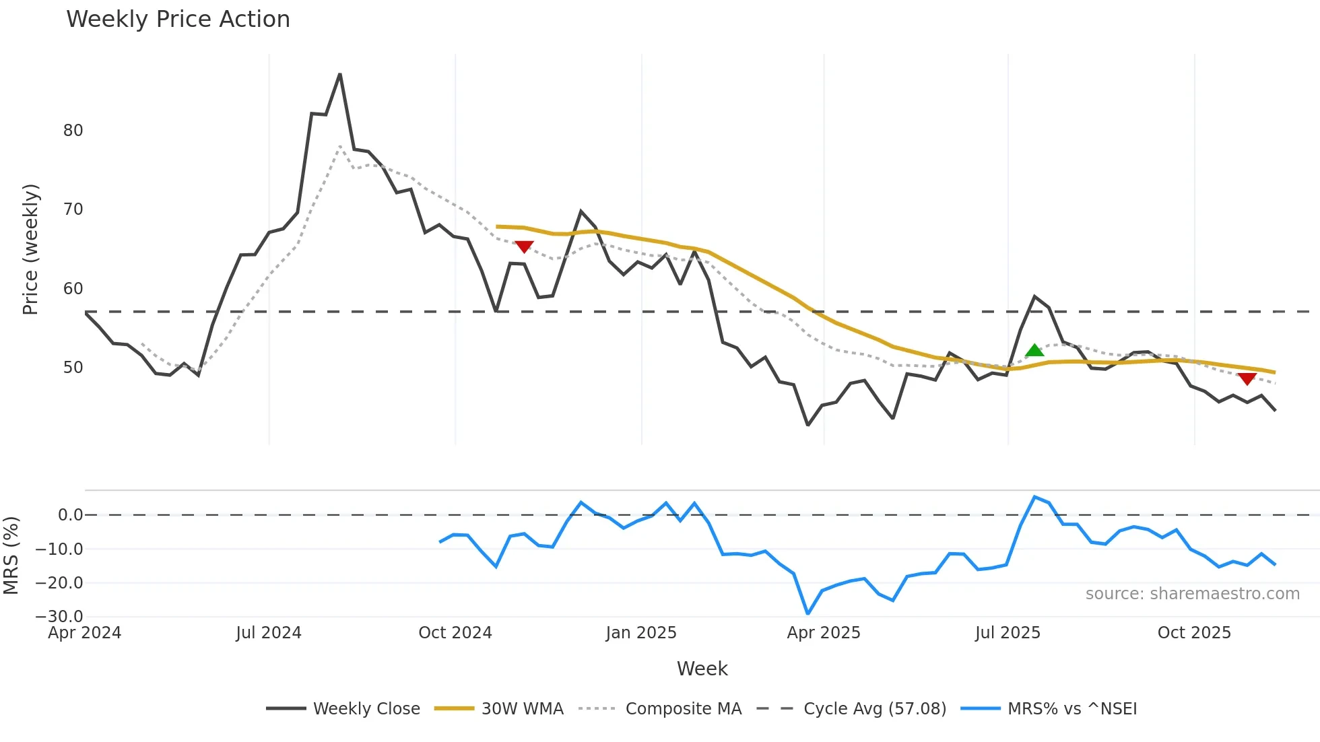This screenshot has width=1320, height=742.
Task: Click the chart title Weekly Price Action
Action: click(x=178, y=20)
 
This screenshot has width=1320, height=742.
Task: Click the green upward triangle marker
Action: click(x=1034, y=350)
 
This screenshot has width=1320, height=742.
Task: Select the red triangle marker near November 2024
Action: click(x=524, y=247)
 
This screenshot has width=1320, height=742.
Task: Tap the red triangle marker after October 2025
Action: click(x=1247, y=379)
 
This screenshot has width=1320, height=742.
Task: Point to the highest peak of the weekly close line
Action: click(x=340, y=74)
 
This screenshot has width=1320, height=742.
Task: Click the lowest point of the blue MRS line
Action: click(x=808, y=613)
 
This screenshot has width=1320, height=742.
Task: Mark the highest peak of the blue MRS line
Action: click(x=1034, y=497)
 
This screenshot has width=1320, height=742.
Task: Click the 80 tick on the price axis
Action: click(x=73, y=131)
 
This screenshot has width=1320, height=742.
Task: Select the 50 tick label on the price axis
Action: click(x=73, y=368)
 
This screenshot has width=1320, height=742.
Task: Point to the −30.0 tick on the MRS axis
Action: click(x=59, y=616)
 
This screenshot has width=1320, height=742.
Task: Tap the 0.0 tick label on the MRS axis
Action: click(x=70, y=515)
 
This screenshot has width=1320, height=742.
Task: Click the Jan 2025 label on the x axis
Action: click(x=640, y=633)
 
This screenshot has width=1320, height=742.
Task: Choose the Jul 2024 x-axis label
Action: click(x=268, y=633)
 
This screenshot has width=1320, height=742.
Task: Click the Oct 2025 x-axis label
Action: click(x=1193, y=633)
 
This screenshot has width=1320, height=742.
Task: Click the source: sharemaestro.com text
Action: click(x=1192, y=594)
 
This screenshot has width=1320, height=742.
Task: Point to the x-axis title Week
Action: click(x=702, y=669)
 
